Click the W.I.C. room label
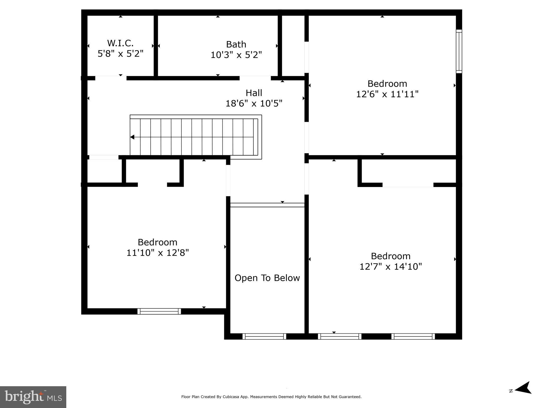[x=120, y=43]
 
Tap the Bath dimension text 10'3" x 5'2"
[x=236, y=55]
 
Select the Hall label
[x=254, y=93]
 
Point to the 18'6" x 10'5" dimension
[x=254, y=103]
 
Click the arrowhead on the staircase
[x=132, y=137]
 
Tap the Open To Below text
[x=267, y=278]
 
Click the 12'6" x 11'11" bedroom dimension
[x=387, y=94]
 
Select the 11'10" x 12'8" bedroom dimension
[x=157, y=253]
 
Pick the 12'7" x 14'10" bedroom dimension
[x=390, y=266]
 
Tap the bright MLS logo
[x=33, y=397]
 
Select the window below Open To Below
[x=264, y=336]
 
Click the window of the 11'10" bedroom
[x=159, y=311]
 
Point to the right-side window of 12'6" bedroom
[x=459, y=51]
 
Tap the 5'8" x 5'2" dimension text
[x=120, y=54]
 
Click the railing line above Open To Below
[x=267, y=205]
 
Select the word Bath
[x=236, y=44]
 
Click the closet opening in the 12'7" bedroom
[x=408, y=185]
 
